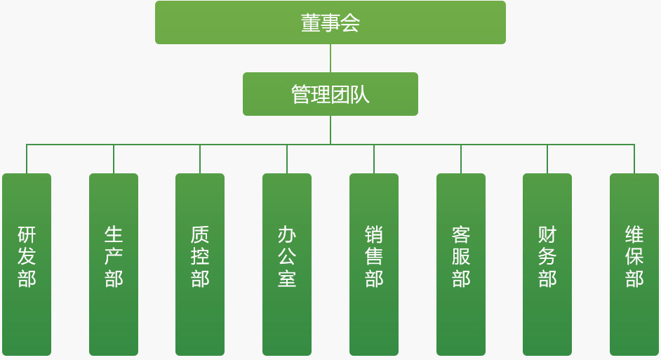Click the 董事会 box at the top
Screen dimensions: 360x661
tap(330, 22)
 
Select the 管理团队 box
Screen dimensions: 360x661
tap(330, 94)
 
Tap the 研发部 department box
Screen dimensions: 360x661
tap(27, 264)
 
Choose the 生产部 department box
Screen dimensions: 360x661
tap(114, 264)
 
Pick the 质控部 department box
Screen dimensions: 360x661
tap(200, 264)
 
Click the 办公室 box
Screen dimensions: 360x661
tap(287, 264)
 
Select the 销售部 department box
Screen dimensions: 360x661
tap(374, 264)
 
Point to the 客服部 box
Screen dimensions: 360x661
tap(461, 264)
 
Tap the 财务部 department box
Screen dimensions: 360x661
tap(547, 264)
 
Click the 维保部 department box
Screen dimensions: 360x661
tap(634, 264)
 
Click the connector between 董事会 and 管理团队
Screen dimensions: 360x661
tap(330, 58)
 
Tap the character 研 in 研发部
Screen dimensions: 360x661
tap(27, 234)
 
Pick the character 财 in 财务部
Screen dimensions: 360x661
tap(547, 234)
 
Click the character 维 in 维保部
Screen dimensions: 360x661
tap(634, 234)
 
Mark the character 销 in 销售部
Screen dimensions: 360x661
tap(374, 234)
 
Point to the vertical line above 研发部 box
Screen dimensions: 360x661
tap(27, 159)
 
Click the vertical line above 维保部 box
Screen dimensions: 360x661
tap(634, 159)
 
